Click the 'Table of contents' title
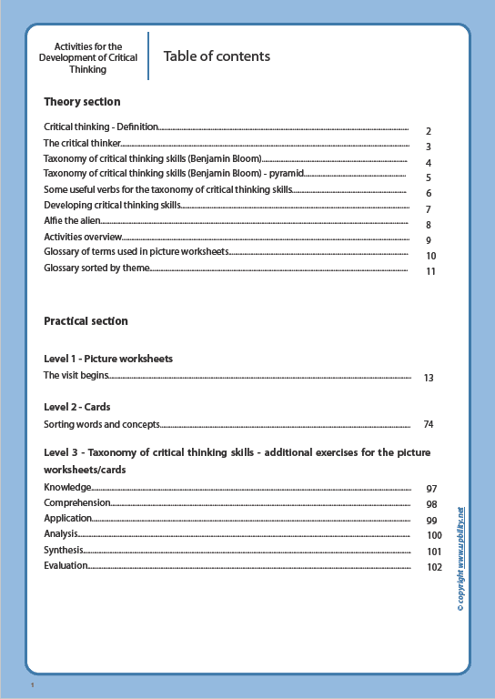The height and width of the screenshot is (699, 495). [x=217, y=56]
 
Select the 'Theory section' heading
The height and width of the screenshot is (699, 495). [x=82, y=102]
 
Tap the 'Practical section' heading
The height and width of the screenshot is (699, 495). [x=86, y=321]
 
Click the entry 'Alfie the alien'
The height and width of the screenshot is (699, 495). [x=72, y=221]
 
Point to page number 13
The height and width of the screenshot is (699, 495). [x=429, y=378]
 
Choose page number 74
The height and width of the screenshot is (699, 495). [x=429, y=425]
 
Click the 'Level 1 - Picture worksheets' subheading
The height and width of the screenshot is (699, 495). [x=108, y=359]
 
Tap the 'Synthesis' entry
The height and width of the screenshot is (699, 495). [x=64, y=551]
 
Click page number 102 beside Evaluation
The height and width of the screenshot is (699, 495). [x=433, y=568]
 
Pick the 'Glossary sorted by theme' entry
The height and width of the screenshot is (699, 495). [x=96, y=268]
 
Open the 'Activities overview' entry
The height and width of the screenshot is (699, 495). [x=83, y=238]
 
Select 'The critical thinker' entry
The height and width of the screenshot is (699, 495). [x=82, y=144]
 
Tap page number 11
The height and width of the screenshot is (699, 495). [x=431, y=271]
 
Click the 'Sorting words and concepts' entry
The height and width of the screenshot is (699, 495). [x=102, y=424]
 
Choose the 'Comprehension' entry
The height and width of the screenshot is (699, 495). [x=77, y=502]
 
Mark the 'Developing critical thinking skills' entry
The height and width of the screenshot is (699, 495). [x=112, y=206]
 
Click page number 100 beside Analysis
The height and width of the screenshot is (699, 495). [x=434, y=536]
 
